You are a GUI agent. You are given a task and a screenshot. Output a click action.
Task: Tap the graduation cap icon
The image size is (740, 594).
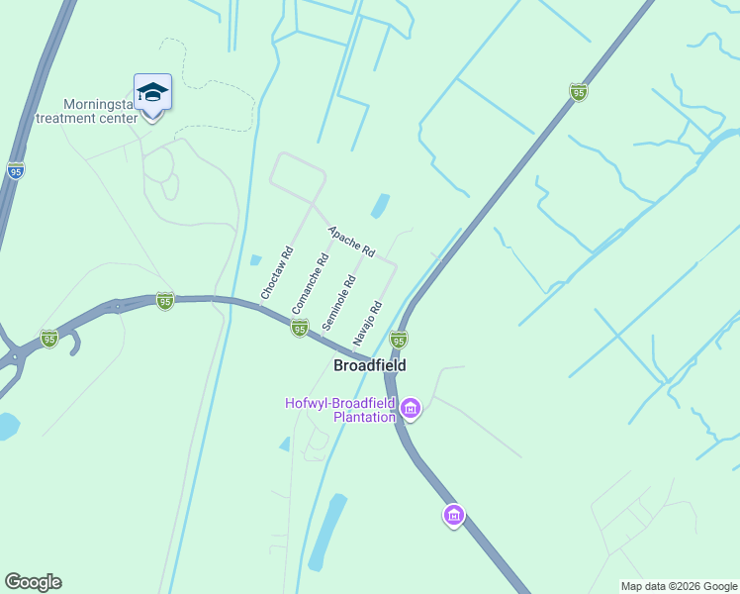[152, 93]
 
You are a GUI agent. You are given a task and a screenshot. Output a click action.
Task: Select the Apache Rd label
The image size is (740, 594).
[352, 241]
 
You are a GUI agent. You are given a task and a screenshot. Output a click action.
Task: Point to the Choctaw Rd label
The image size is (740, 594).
[276, 273]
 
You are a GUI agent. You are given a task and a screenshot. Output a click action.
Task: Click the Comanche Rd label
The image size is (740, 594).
[310, 285]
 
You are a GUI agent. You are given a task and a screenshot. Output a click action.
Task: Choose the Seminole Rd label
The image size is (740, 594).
[337, 303]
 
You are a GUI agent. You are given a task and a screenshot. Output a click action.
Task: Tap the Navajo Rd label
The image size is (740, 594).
[367, 323]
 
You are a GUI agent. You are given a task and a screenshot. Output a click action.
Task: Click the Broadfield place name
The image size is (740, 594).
[370, 365]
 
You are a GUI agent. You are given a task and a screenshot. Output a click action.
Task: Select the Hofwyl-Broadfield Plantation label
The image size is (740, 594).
[339, 410]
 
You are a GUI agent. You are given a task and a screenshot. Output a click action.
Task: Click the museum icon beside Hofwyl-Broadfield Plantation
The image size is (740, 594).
[411, 408]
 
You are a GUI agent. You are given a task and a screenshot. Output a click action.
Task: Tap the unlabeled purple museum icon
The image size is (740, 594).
[454, 515]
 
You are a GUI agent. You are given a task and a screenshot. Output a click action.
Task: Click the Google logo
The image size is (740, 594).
[33, 582]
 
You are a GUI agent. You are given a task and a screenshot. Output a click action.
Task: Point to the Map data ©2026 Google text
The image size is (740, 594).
[679, 586]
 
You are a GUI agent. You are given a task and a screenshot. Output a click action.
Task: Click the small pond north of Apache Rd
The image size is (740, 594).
[379, 206]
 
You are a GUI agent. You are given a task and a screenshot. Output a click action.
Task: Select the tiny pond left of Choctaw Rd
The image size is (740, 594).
[256, 260]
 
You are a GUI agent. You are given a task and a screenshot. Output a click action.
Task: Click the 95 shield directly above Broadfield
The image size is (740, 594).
[399, 340]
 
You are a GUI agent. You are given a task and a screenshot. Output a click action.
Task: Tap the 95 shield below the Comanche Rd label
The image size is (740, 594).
[299, 328]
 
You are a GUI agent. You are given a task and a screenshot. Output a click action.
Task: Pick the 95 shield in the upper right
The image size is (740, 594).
[579, 93]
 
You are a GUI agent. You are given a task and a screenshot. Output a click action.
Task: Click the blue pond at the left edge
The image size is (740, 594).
[7, 426]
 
